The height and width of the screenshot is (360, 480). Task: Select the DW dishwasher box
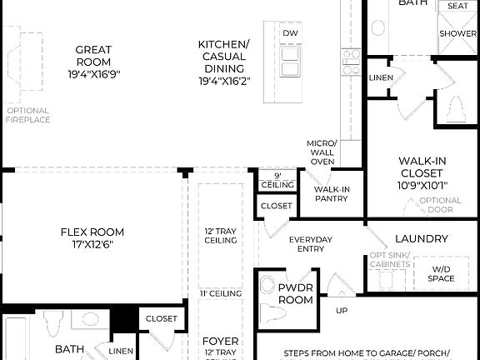(290, 33)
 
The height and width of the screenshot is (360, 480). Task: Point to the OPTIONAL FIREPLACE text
(28, 115)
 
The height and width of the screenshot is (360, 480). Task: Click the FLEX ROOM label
(92, 237)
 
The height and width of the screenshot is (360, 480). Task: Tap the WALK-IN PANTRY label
(331, 194)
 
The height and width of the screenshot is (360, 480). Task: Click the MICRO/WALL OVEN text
(321, 152)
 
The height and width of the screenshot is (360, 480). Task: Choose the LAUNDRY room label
(421, 238)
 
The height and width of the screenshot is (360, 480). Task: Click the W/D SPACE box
(440, 272)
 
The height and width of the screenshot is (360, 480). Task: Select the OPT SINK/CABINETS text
(390, 260)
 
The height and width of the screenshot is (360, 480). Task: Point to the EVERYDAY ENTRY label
(310, 244)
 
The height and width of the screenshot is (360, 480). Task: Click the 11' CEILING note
(221, 293)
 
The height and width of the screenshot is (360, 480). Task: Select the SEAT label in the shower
(457, 6)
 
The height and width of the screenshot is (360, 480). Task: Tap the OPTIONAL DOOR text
(440, 205)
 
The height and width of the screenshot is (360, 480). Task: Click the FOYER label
(221, 342)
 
